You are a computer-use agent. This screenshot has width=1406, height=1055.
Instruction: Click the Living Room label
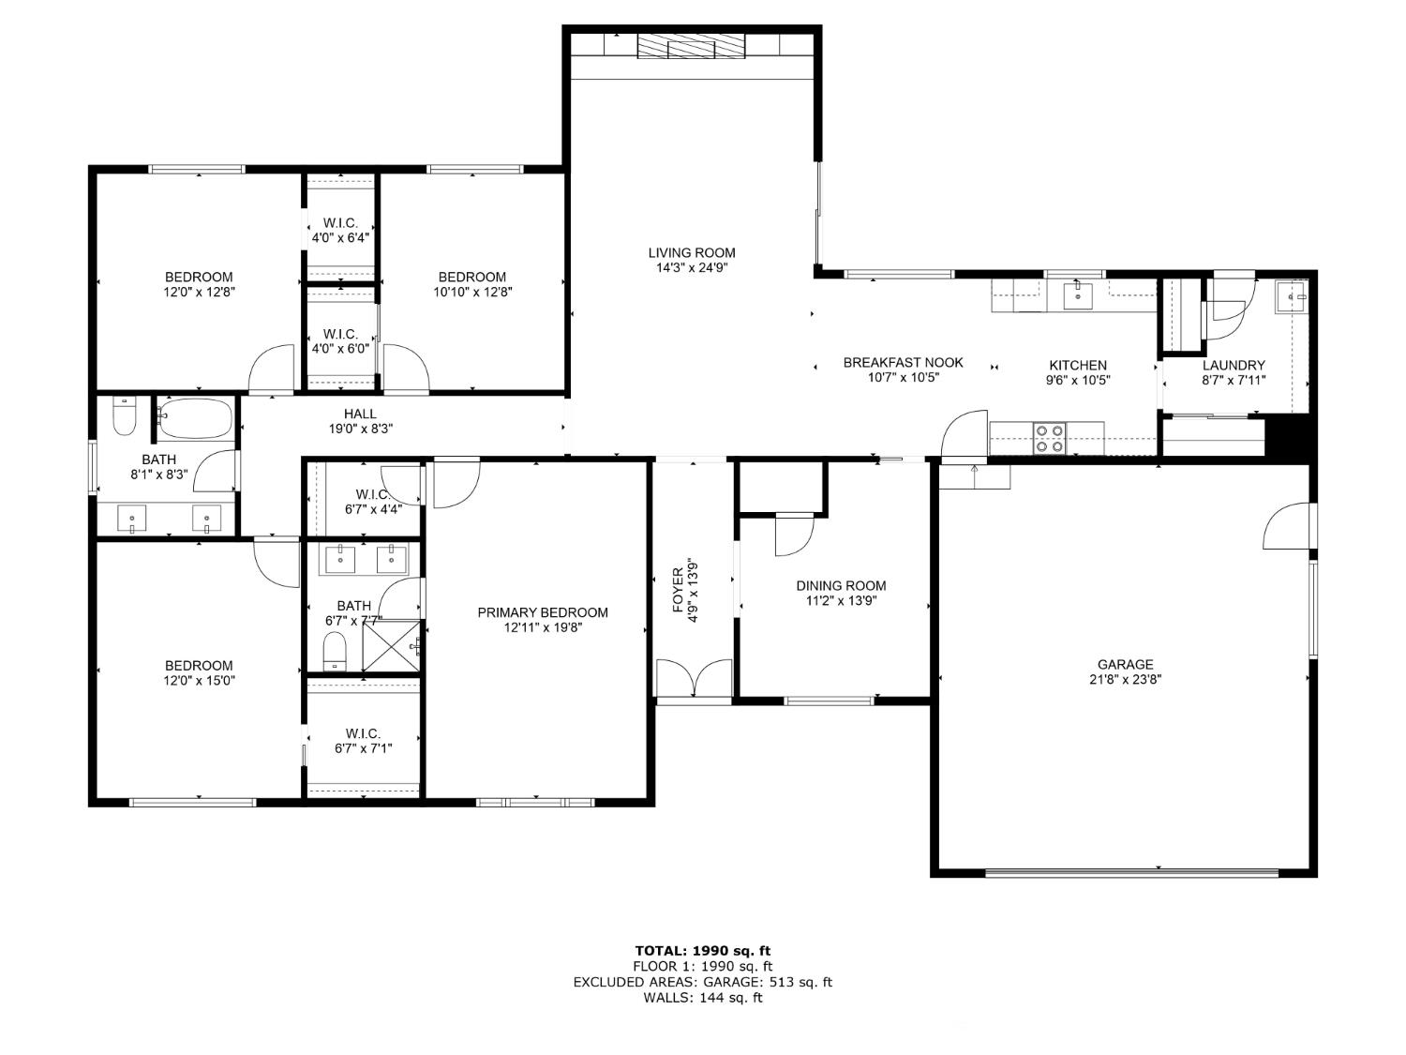[691, 253]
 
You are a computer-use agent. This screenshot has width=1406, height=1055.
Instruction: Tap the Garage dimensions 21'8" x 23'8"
[1125, 680]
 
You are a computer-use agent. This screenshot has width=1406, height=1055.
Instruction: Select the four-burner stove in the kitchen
[1050, 438]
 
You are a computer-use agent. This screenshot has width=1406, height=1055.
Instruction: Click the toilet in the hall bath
[125, 416]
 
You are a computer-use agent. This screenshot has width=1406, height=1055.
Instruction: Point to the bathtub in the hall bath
[195, 419]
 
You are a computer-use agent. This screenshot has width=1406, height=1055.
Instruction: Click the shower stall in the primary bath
[391, 645]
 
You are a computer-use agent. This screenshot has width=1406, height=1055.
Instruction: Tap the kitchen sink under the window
[1078, 296]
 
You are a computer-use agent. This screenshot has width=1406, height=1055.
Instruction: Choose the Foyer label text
[678, 590]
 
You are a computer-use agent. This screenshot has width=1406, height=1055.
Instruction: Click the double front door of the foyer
[694, 678]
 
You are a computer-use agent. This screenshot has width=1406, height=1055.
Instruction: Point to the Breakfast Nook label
[903, 363]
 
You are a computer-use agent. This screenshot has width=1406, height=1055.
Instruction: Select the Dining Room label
[841, 585]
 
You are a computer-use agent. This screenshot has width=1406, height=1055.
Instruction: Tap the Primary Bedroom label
[543, 612]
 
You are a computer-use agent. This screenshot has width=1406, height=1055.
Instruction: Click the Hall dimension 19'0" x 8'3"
[361, 430]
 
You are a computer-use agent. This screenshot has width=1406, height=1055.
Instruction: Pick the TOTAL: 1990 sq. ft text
[703, 951]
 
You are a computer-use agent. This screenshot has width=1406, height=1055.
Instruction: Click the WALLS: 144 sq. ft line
[703, 998]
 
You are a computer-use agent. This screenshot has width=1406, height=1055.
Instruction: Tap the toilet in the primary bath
[334, 651]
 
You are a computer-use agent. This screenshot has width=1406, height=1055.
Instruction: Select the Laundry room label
[1234, 365]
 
